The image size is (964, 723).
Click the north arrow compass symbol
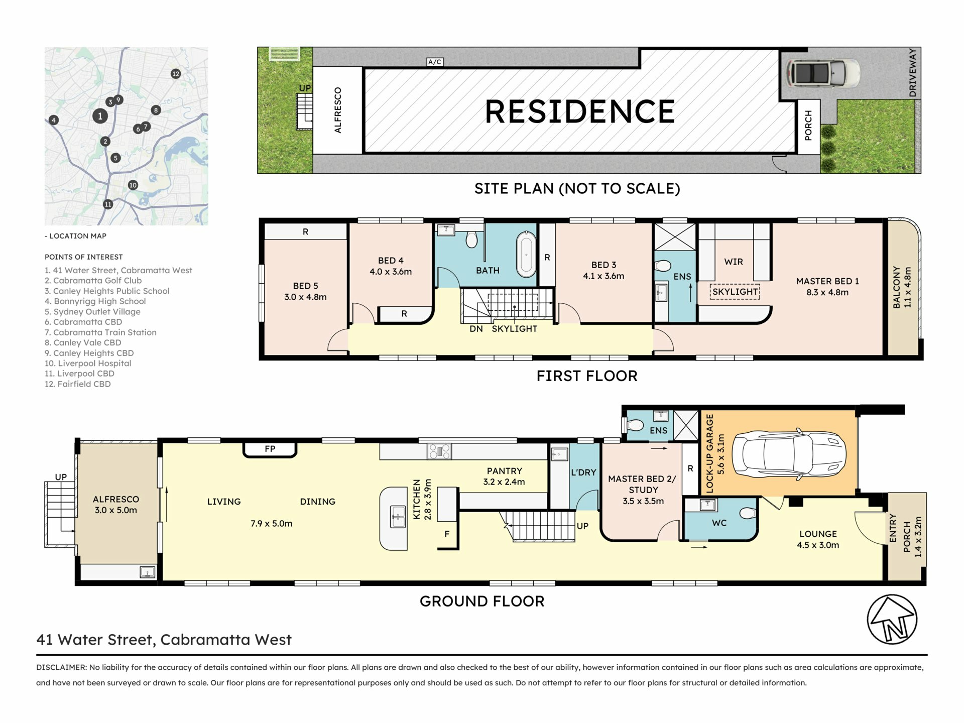(892, 619)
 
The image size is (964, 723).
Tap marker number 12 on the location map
(176, 74)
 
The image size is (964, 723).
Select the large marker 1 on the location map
(100, 116)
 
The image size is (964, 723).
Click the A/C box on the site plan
(435, 62)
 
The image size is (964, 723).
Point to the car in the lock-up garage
(789, 455)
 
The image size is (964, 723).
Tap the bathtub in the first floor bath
(526, 254)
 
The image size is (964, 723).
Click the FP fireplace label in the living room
(270, 449)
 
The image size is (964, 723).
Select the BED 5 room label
(305, 286)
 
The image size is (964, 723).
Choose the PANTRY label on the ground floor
(504, 471)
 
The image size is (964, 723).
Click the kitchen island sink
(398, 517)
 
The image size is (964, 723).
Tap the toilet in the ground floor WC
(748, 513)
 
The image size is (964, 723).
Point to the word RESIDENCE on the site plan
(580, 111)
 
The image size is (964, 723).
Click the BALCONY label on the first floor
(897, 287)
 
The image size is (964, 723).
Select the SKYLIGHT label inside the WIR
(735, 292)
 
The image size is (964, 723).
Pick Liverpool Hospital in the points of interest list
(88, 363)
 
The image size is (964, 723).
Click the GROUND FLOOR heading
(482, 601)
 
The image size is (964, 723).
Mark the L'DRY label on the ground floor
(583, 472)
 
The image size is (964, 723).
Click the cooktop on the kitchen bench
(439, 451)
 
